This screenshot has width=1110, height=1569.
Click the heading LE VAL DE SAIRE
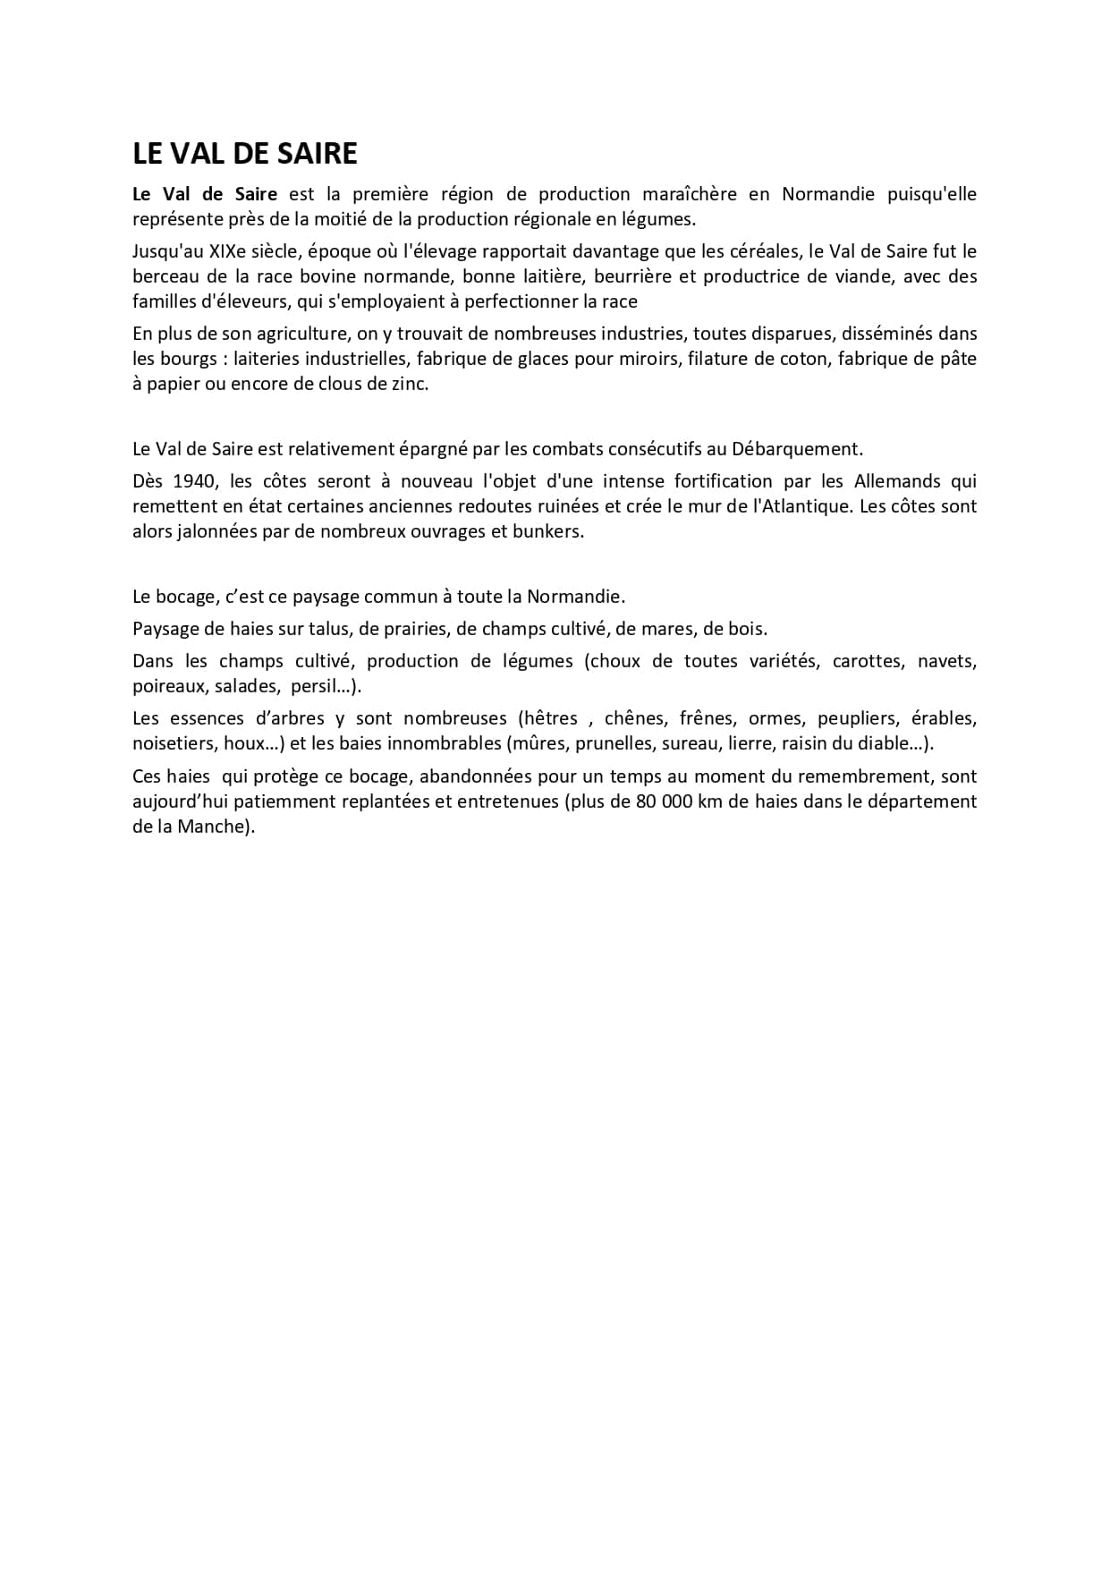(x=244, y=154)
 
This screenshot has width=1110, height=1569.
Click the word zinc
(x=410, y=384)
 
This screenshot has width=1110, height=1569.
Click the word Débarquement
(x=796, y=449)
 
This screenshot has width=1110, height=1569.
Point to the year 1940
(x=194, y=481)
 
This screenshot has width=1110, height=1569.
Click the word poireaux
(x=167, y=686)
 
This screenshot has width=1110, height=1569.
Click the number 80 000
(x=666, y=801)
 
